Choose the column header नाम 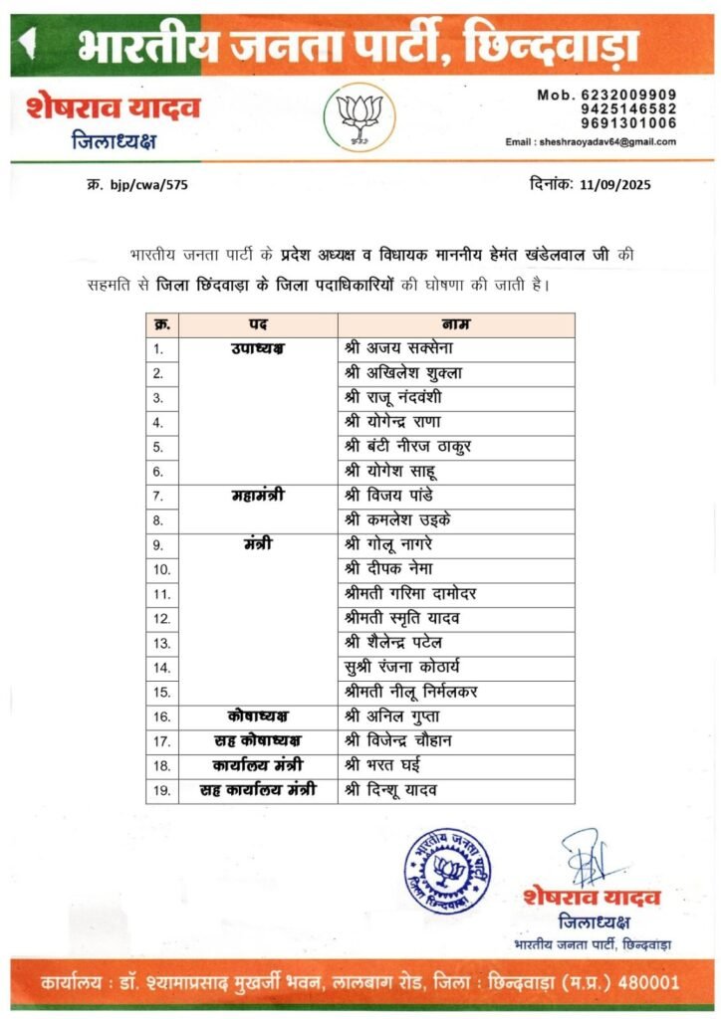[x=455, y=325]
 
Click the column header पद [x=255, y=325]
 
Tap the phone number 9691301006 [x=634, y=123]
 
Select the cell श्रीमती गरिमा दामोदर [x=410, y=593]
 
